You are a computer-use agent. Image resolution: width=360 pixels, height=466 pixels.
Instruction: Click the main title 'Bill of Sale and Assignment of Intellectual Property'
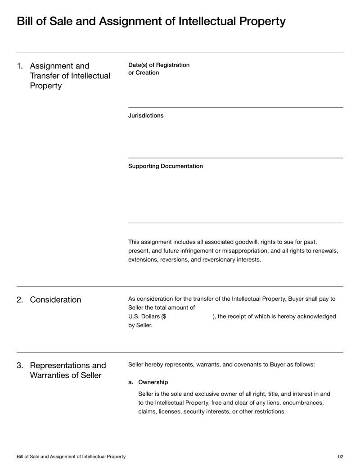coord(151,21)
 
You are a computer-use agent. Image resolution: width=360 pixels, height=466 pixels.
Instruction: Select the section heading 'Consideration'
coord(55,300)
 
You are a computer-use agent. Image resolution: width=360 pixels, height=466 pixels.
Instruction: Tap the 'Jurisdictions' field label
coord(146,116)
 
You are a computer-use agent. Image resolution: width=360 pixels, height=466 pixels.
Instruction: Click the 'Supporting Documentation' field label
coord(165,166)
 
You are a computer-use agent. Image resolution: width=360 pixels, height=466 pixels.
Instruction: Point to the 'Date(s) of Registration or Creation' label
coord(158,69)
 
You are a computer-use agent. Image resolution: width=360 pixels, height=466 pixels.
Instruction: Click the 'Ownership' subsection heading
coord(153,382)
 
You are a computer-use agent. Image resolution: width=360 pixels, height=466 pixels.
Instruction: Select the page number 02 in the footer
coord(340,457)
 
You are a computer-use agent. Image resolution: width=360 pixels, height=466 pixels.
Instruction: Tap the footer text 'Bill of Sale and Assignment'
coord(71,457)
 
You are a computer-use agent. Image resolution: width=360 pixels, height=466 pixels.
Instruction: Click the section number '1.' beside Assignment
coord(20,66)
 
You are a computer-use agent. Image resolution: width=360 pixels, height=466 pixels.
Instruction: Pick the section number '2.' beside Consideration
coord(20,300)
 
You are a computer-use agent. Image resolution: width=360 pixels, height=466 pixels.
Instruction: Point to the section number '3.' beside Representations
coord(20,366)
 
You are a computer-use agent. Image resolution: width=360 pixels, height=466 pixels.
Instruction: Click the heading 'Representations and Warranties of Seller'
coord(67,370)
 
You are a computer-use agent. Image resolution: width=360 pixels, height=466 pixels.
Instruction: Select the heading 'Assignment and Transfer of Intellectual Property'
coord(70,76)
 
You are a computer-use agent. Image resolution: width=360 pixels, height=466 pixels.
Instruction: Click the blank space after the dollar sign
coord(189,317)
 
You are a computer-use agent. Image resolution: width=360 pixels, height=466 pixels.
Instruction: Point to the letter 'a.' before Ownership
coord(131,382)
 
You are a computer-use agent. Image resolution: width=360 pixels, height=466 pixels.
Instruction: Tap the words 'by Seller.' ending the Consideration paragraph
coord(140,326)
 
